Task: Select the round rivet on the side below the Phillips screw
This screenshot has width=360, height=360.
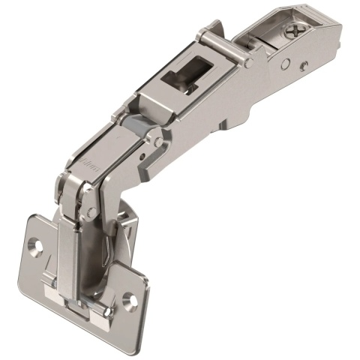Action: tap(303, 66)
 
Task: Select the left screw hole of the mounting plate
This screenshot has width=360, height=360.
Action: tap(34, 244)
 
